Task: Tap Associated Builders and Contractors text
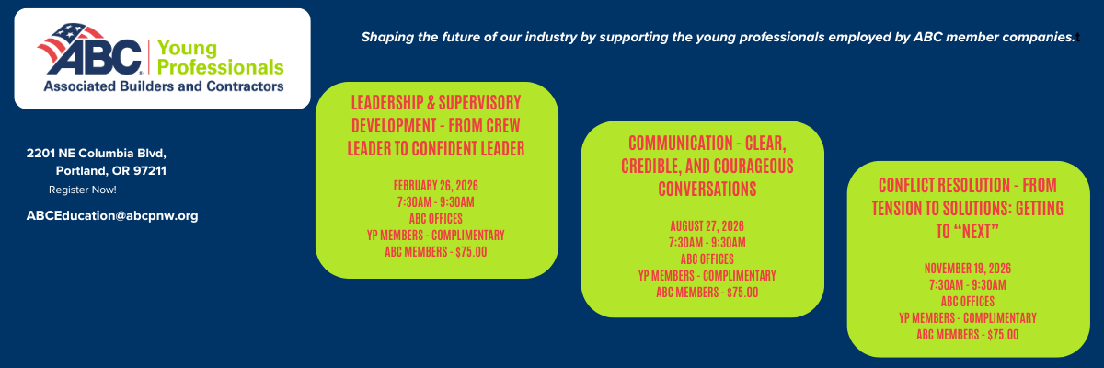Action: [x=163, y=86]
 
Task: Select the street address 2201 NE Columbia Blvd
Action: [x=97, y=153]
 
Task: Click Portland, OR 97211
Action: [x=110, y=171]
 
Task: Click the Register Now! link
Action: [x=83, y=190]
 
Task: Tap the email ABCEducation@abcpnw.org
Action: [x=112, y=215]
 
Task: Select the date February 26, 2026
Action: [x=436, y=185]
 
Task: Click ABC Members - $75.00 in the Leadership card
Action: [x=436, y=251]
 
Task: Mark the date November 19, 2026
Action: [x=968, y=268]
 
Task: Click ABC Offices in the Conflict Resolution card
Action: [x=968, y=301]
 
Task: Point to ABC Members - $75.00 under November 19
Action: [x=968, y=334]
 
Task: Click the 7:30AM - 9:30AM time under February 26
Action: [x=436, y=201]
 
